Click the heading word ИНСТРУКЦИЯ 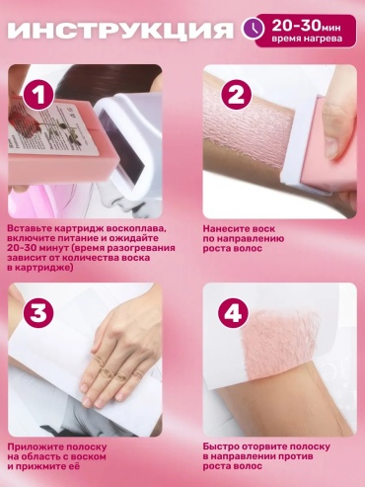click(120, 31)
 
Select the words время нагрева click(306, 39)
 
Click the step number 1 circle click(38, 96)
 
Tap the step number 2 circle click(236, 96)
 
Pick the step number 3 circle click(38, 313)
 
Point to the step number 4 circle click(235, 313)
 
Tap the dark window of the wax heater click(121, 139)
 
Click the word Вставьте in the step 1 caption click(29, 228)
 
